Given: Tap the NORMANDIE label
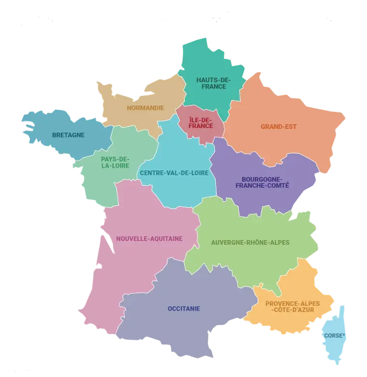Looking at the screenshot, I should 145,108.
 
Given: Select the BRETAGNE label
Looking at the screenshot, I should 69,135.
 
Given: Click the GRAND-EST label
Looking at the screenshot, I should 279,127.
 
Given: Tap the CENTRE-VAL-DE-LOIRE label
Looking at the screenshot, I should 177,172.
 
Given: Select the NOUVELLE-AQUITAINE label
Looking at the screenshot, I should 149,238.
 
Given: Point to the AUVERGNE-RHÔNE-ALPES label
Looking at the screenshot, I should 250,242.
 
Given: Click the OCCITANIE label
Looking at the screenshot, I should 183,308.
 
